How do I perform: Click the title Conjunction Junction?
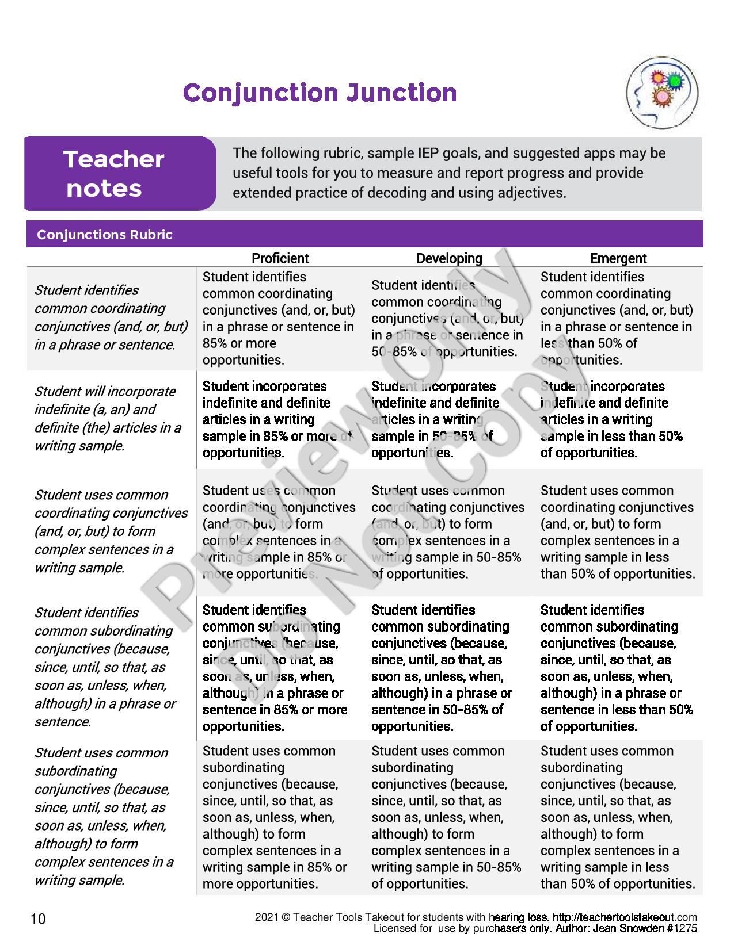coord(320,93)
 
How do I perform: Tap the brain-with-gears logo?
coord(661,92)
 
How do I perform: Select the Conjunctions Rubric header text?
coord(105,235)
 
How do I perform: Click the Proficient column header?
coord(280,258)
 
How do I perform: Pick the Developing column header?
coord(449,258)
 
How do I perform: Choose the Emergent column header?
coord(618,258)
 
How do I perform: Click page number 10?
coord(37,919)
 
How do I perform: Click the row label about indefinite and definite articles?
coord(108,418)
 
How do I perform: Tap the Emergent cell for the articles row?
coord(611,419)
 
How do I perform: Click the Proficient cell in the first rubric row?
coord(279,318)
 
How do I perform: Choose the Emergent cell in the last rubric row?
coord(618,817)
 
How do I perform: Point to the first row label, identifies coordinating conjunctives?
coord(111,317)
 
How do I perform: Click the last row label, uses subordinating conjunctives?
coord(104,816)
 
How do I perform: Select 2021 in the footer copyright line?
coord(265,917)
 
